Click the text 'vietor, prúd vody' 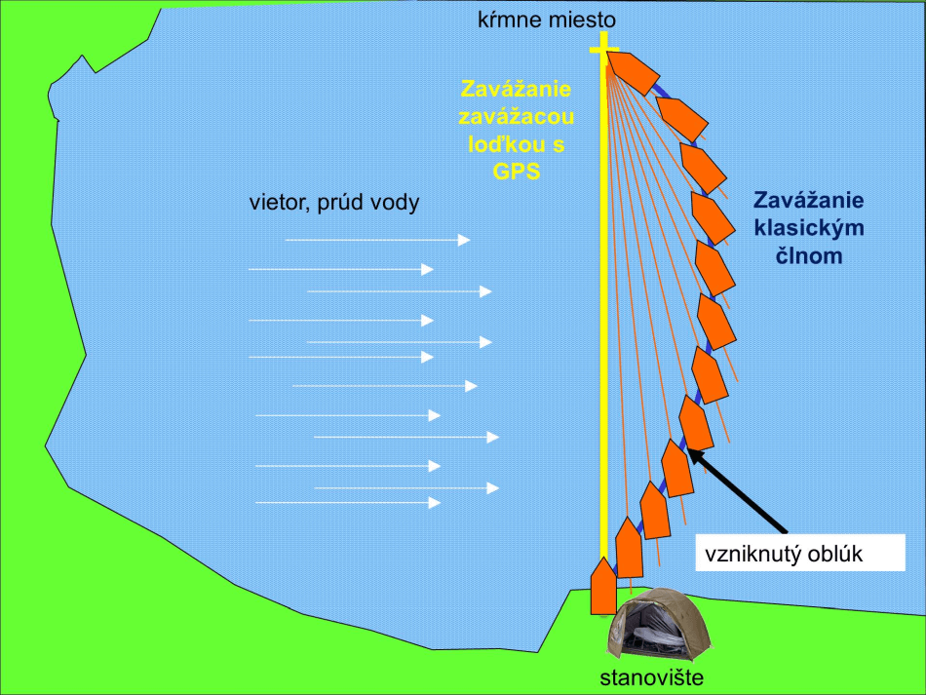click(x=334, y=203)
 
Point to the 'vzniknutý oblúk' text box click(x=787, y=557)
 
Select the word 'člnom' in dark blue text click(x=810, y=257)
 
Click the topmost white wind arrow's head click(x=464, y=240)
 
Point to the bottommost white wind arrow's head click(x=435, y=502)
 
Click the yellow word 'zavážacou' click(x=517, y=116)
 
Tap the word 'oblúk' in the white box click(x=839, y=557)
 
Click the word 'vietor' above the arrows click(x=275, y=203)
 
